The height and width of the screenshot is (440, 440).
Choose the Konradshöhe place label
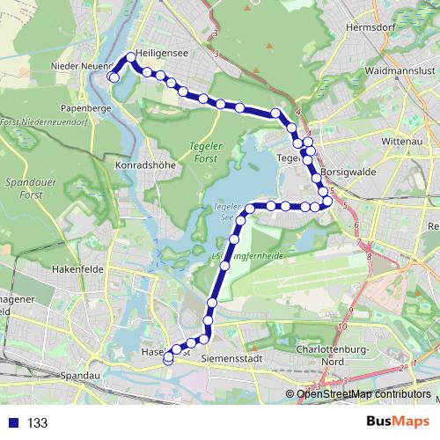coord(142,165)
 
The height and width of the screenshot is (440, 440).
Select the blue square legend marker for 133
coord(13,423)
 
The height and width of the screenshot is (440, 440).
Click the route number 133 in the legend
coord(37,423)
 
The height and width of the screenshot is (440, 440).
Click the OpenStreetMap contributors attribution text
coord(363,393)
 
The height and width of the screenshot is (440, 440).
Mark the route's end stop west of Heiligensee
coord(114,77)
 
